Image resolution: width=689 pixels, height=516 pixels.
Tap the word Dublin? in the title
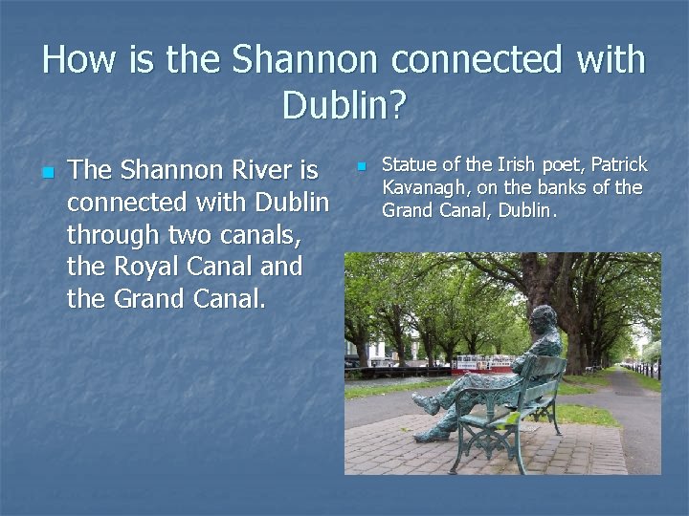coord(344,105)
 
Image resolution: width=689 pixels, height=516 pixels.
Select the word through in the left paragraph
coord(113,234)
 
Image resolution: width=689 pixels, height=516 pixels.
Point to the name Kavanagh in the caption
coord(422,187)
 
